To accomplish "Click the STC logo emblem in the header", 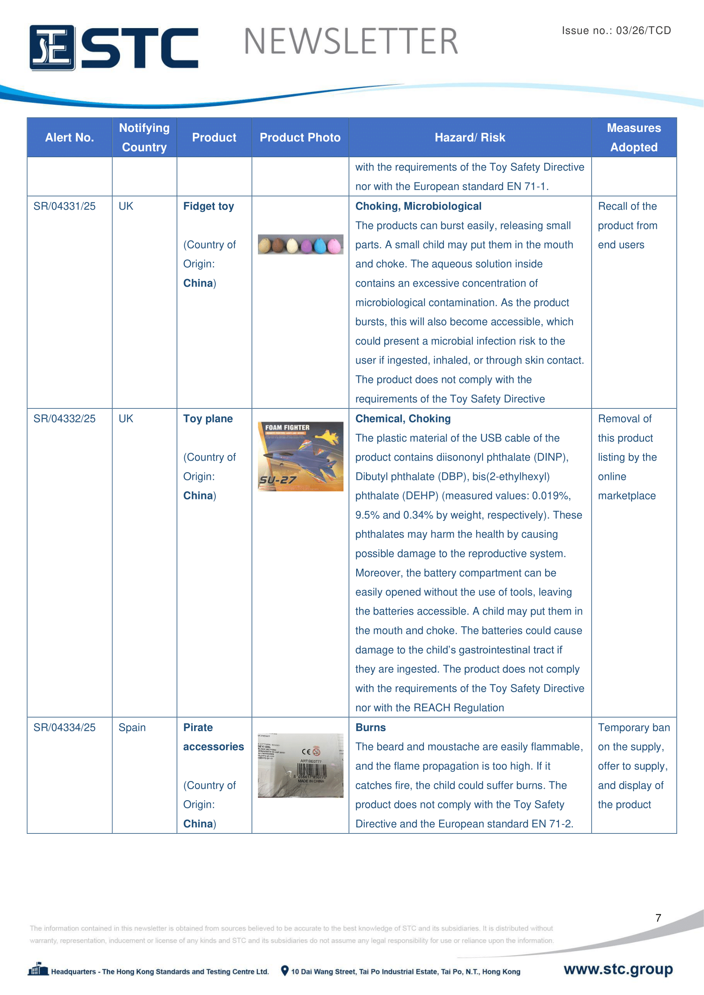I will [52, 48].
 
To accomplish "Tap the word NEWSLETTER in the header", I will [351, 42].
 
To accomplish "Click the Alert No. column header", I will [69, 137].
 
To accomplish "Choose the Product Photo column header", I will [300, 137].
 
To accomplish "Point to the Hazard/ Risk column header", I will [470, 137].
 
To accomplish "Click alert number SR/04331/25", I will [65, 206].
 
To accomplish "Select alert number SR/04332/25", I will [65, 419].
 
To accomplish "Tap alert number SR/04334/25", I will [65, 727].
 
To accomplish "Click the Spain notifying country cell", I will [132, 727].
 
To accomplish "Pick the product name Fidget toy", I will [209, 206].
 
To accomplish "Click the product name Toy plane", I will [208, 419].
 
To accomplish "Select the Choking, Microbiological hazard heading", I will [418, 206].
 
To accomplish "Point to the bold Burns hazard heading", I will [371, 727].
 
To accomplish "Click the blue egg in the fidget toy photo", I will [320, 246].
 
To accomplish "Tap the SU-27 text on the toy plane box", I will [278, 480].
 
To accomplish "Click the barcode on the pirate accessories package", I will [311, 771].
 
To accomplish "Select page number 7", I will [658, 918].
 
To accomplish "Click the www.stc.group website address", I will [618, 969].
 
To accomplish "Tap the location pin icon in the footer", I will [285, 971].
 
